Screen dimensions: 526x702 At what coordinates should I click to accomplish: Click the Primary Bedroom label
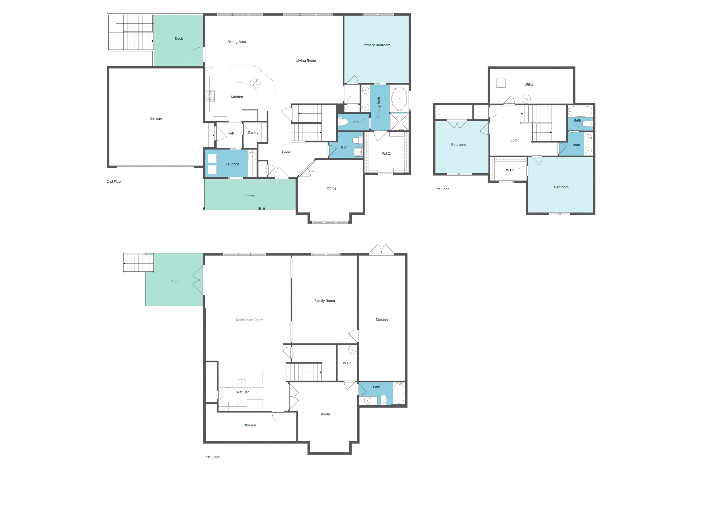[x=376, y=45]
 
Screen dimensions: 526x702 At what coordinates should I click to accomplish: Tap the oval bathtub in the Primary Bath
[x=399, y=99]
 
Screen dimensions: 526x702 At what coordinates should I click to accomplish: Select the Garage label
[x=156, y=118]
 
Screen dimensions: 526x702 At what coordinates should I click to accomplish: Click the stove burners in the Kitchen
[x=210, y=96]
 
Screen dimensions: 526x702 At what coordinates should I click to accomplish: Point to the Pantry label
[x=253, y=133]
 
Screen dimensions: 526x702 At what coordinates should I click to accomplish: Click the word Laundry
[x=232, y=164]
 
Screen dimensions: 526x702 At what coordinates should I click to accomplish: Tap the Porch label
[x=250, y=196]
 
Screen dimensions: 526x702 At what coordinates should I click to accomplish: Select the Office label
[x=331, y=188]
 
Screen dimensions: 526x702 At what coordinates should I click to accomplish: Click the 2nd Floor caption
[x=114, y=181]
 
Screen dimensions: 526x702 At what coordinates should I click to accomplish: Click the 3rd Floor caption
[x=442, y=189]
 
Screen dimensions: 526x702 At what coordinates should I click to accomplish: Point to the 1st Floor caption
[x=213, y=457]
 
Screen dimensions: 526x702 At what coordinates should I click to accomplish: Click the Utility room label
[x=529, y=84]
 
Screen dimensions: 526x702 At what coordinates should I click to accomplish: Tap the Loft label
[x=513, y=140]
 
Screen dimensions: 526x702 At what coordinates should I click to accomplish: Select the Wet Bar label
[x=242, y=392]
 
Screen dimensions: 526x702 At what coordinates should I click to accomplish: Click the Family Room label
[x=324, y=301]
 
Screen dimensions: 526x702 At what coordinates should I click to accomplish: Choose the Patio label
[x=175, y=281]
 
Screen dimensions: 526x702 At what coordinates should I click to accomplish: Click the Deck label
[x=179, y=39]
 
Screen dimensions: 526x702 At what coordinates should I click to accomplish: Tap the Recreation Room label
[x=249, y=320]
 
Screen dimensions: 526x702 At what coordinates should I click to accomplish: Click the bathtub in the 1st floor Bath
[x=399, y=393]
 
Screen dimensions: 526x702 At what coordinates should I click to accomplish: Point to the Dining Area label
[x=236, y=42]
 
